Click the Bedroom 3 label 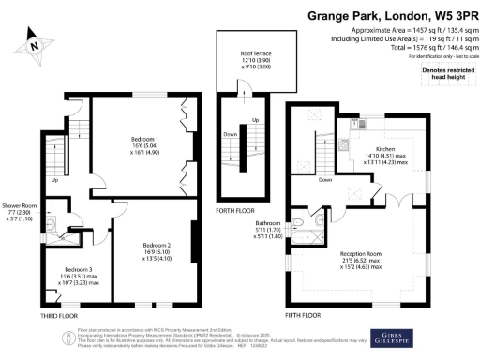65,274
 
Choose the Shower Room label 18,205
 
